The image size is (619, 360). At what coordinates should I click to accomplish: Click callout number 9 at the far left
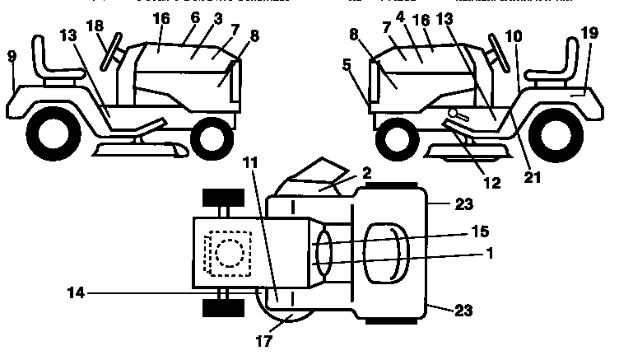11,57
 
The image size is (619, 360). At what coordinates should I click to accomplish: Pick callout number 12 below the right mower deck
491,183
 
